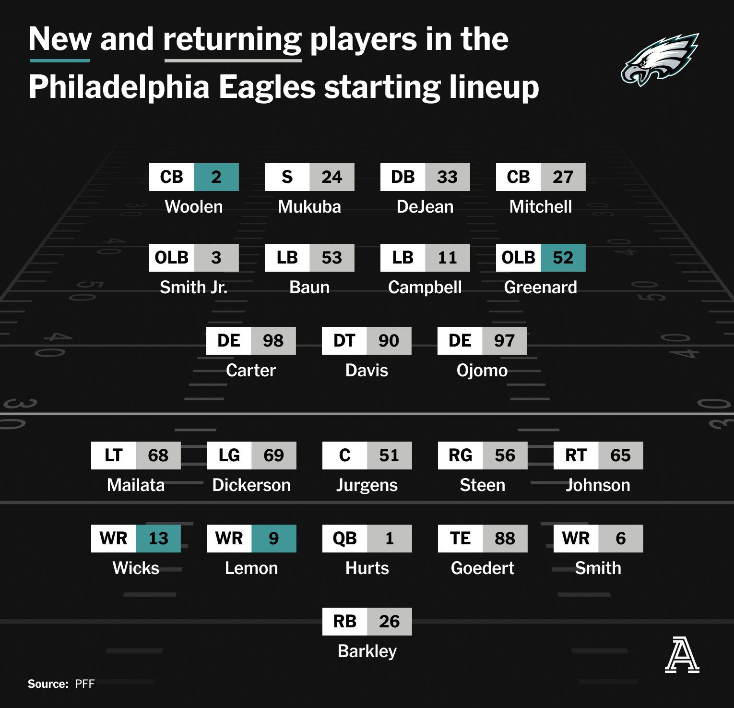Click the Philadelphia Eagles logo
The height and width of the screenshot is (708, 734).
point(660,59)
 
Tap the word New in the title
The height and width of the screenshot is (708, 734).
point(60,39)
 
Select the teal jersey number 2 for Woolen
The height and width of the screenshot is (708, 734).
point(216,177)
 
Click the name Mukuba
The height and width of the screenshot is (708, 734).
point(309,207)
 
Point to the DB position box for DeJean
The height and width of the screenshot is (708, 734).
point(403,177)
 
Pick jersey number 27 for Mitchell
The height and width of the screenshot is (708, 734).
point(563,177)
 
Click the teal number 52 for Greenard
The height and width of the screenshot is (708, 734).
point(563,258)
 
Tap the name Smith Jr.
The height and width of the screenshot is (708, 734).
point(194,288)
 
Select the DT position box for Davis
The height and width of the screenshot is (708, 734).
point(344,341)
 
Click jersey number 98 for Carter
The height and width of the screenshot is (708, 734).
point(273,341)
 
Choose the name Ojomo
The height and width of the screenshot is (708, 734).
point(482,371)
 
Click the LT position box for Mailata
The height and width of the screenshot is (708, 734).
point(114,456)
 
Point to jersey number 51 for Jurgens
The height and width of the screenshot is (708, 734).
point(390,456)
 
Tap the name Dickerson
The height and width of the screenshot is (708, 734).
point(251,485)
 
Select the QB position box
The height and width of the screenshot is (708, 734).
point(345,539)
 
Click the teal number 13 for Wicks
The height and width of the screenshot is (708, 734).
point(159,539)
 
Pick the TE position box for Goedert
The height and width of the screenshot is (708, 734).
point(461,539)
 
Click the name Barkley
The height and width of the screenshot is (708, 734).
point(367,651)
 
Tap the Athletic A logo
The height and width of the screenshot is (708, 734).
point(682,654)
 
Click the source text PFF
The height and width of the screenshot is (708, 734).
point(85,684)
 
